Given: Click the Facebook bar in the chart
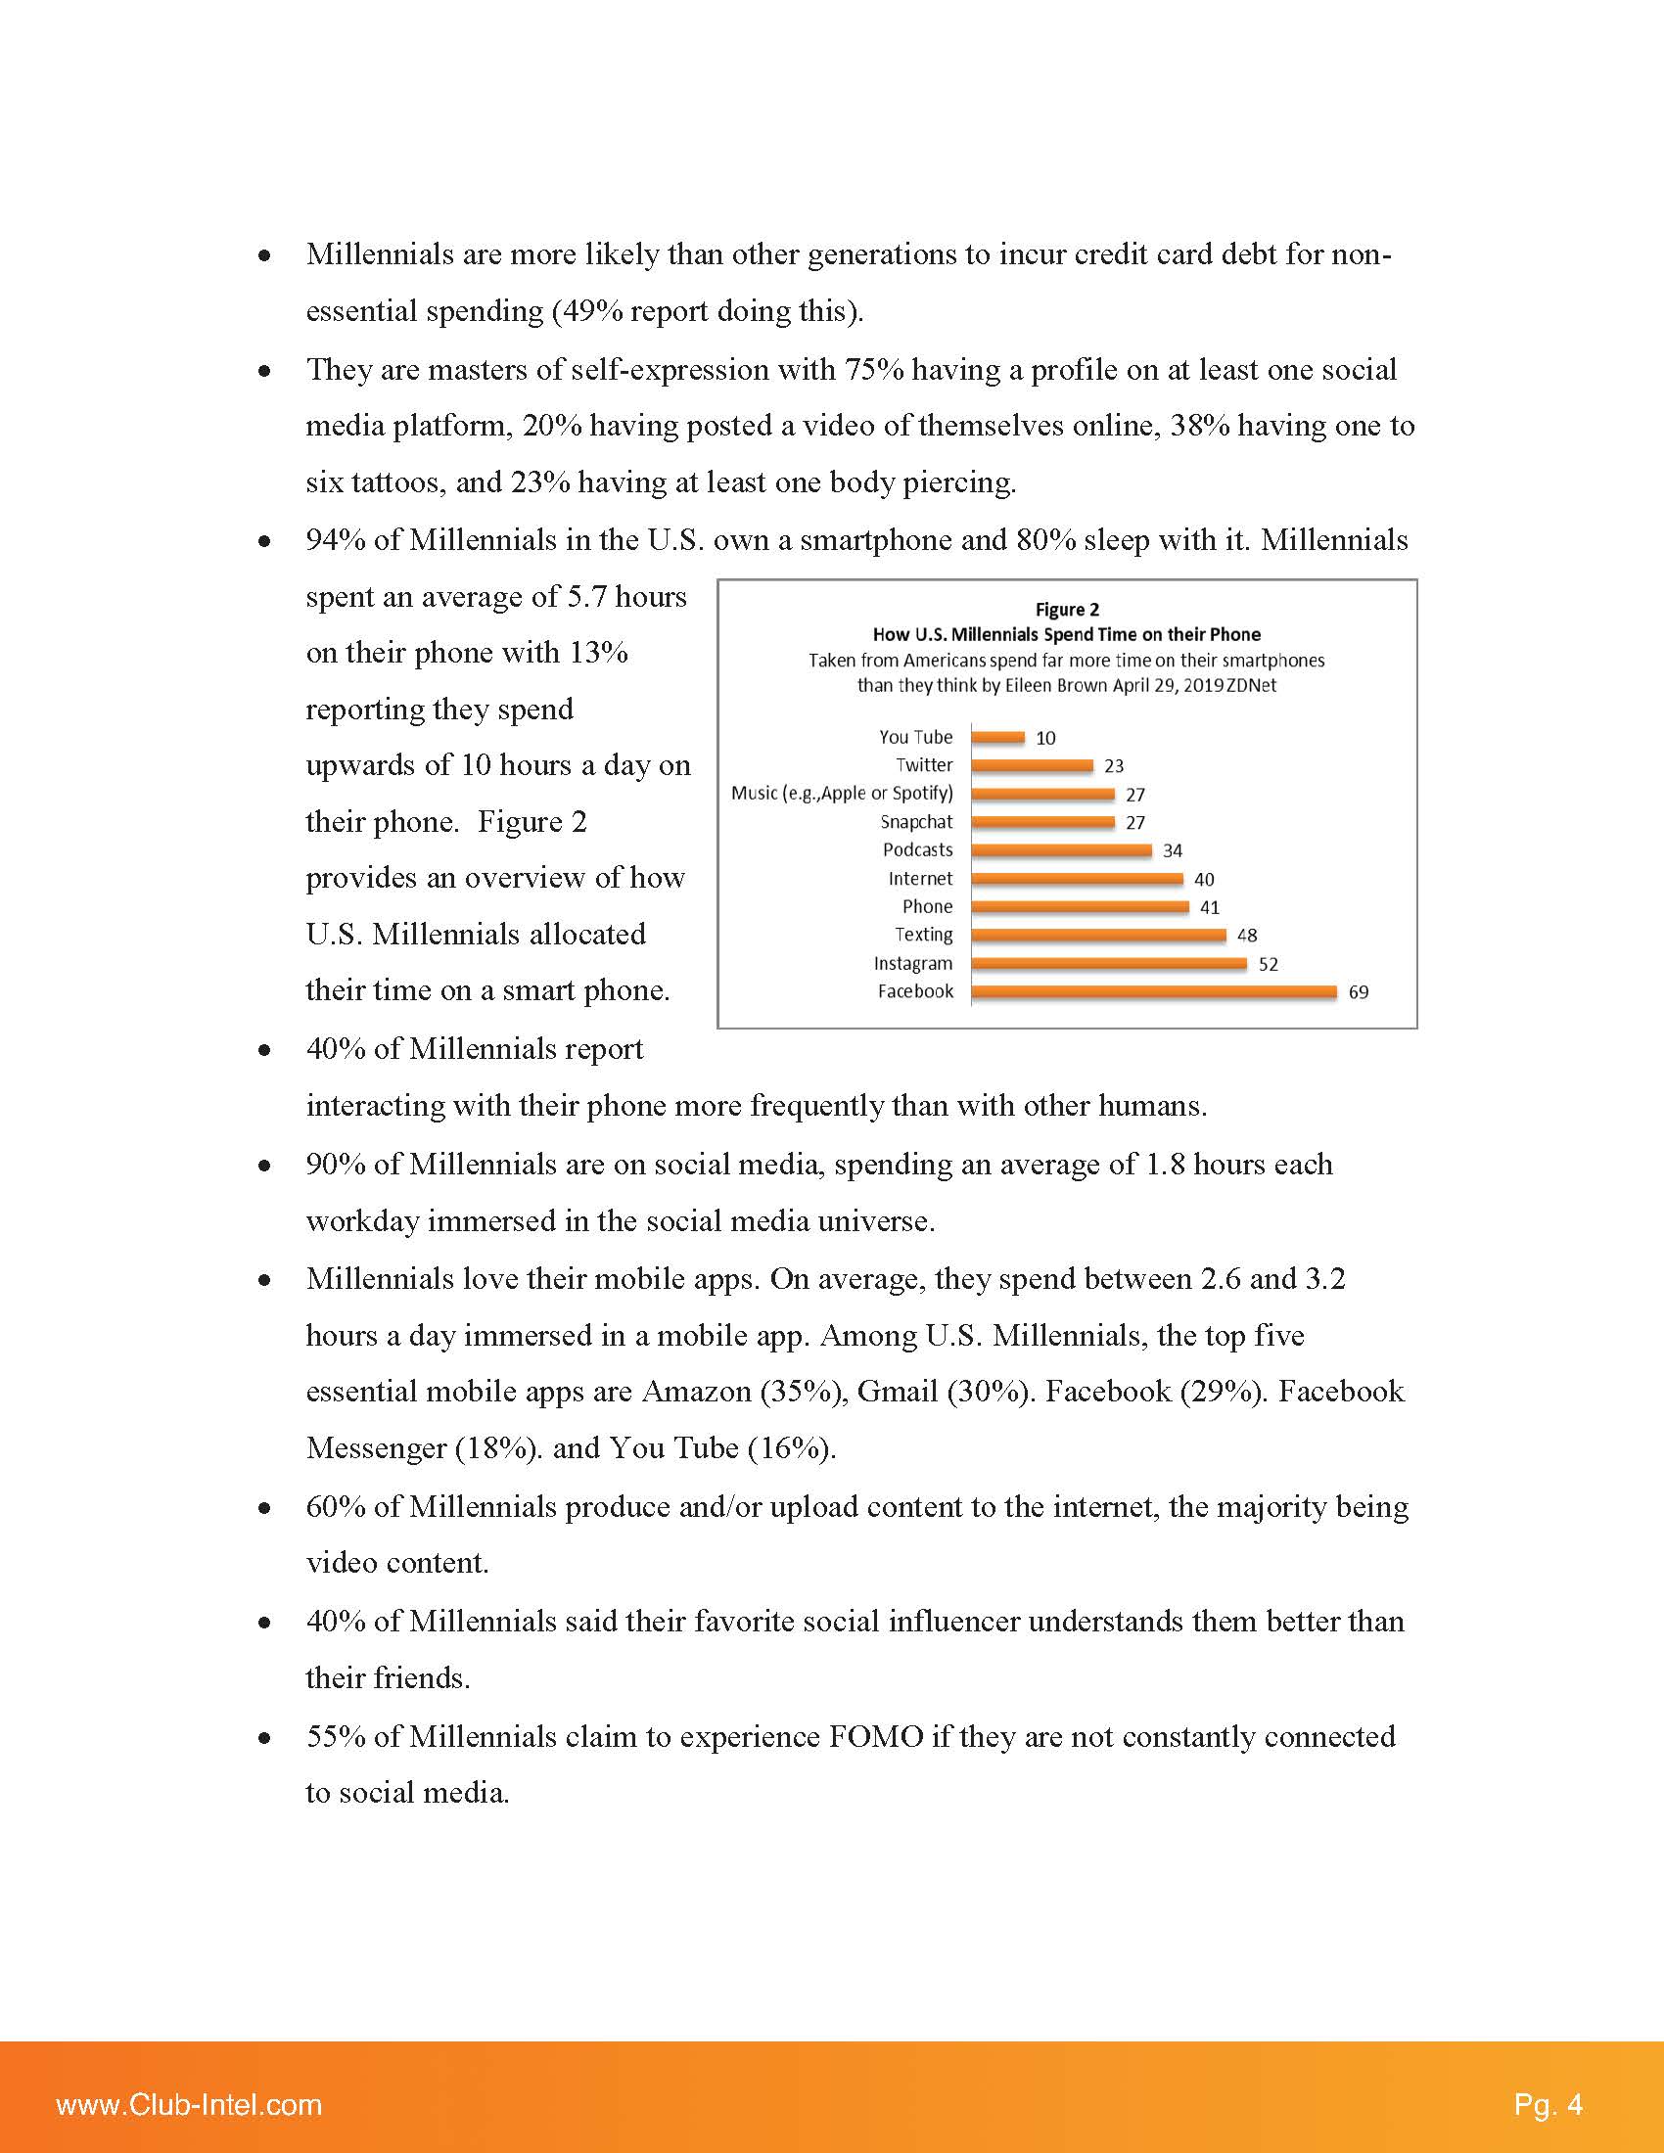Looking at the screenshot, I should click(1153, 991).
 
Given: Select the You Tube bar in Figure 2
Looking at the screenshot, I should click(997, 736).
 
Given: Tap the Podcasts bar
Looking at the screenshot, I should click(1061, 849).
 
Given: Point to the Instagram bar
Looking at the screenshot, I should click(1109, 964).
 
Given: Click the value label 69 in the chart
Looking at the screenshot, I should click(1359, 992).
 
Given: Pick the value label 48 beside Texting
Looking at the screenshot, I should click(1247, 936).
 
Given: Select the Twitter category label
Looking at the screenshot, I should click(924, 765).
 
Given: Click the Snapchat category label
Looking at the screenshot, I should click(916, 822).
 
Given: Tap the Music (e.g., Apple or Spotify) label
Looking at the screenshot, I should click(842, 794).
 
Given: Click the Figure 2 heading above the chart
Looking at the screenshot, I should click(1067, 610).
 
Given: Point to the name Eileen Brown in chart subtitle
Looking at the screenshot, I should click(1056, 685).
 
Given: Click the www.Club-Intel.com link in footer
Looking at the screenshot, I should click(189, 2105).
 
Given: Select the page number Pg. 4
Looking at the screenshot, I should click(1548, 2105).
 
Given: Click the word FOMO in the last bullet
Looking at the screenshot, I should click(875, 1736).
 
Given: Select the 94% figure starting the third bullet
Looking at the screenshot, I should click(335, 540).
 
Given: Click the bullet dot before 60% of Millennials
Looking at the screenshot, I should click(264, 1508).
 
